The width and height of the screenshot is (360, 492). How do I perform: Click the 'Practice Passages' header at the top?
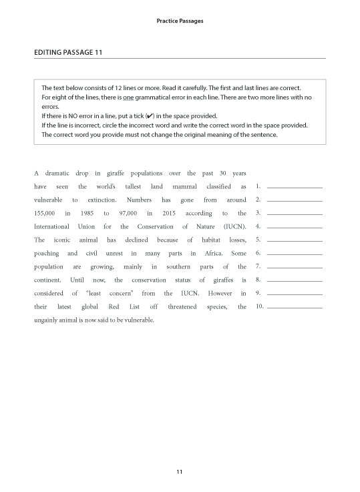click(180, 21)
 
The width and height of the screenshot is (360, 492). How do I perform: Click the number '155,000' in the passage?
click(45, 213)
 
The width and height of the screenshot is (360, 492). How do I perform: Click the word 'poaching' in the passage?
click(46, 254)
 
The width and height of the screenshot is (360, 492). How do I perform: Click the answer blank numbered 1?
click(294, 188)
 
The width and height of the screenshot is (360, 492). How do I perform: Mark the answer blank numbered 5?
click(294, 240)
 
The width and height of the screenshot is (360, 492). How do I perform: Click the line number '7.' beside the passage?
click(258, 267)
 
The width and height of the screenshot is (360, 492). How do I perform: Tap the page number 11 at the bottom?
click(180, 473)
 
